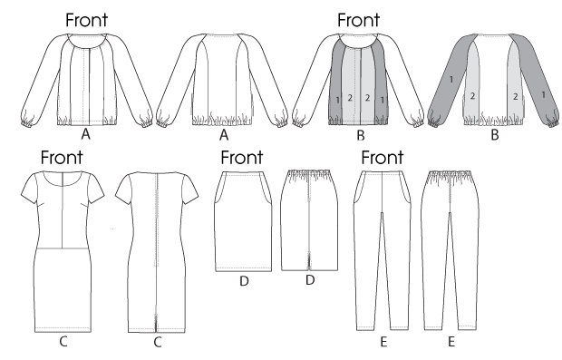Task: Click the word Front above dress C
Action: point(62,157)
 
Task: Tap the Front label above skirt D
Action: point(242,157)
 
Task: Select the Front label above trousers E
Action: point(383,157)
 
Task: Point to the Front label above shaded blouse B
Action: point(358,20)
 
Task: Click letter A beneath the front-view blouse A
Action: point(85,134)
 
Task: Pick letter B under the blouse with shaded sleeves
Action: point(495,135)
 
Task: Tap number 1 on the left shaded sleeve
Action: point(451,79)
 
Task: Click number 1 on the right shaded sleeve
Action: point(543,95)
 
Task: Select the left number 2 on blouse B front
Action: point(350,98)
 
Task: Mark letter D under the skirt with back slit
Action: point(310,279)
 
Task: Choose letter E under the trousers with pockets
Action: point(383,342)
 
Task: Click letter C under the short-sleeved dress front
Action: point(63,341)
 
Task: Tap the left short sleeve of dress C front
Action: point(29,190)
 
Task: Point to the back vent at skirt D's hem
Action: point(308,261)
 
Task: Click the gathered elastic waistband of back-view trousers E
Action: point(450,174)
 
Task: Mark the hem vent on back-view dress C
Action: point(156,323)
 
